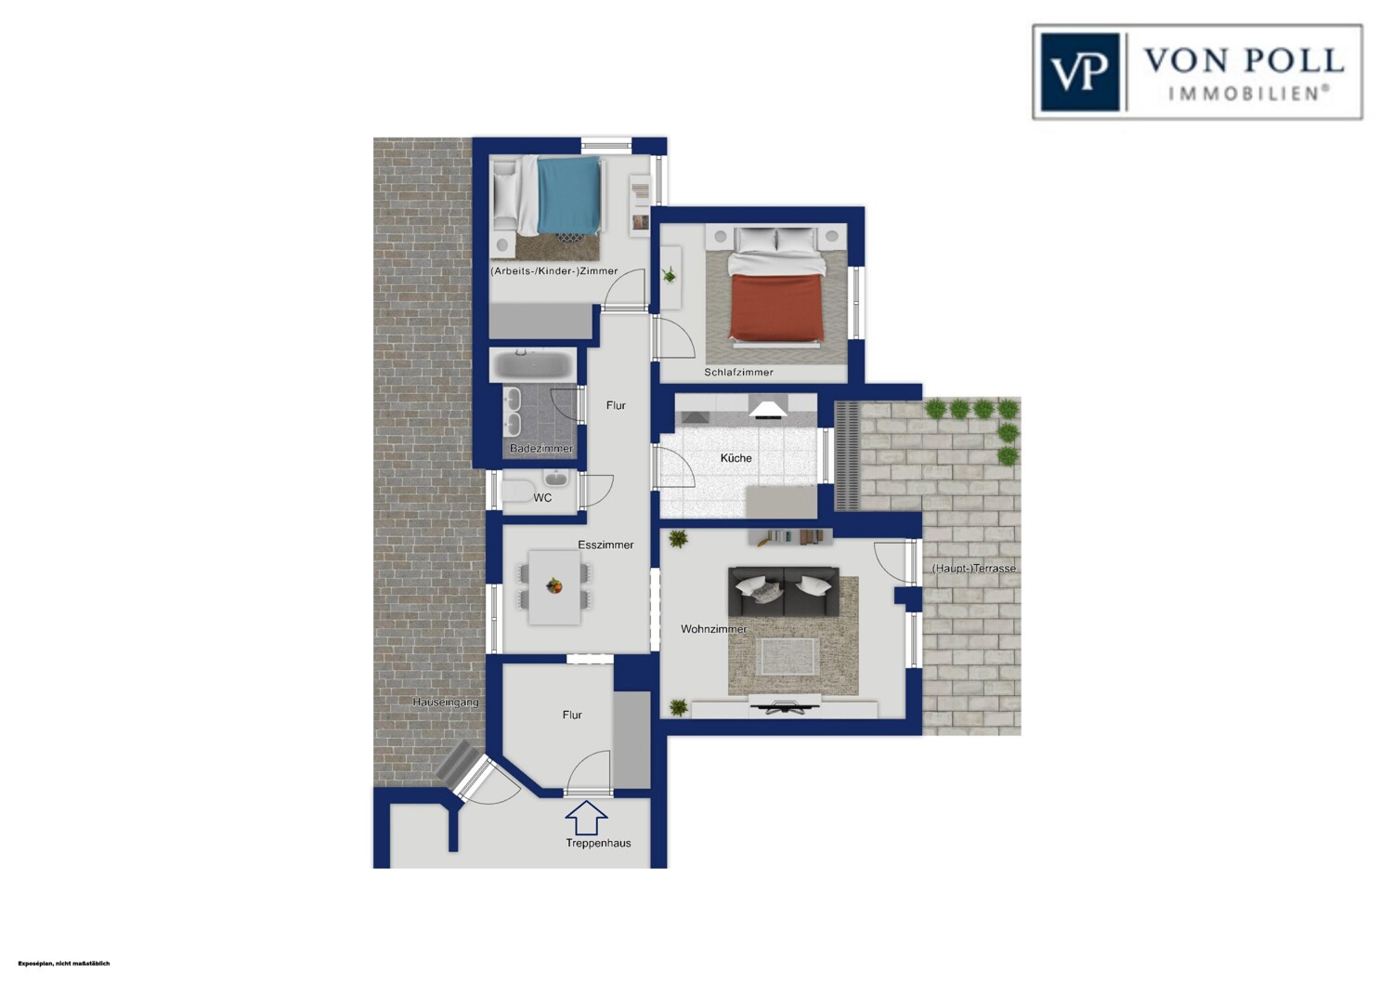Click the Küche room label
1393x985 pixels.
[736, 458]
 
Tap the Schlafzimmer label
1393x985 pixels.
[739, 372]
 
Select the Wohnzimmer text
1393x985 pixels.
[714, 629]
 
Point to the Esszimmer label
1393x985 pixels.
[605, 545]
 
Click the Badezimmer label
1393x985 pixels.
[541, 449]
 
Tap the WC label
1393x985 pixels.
[542, 498]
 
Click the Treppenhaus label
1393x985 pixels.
[598, 843]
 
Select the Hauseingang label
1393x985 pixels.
[446, 702]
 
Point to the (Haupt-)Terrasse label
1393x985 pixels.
[974, 568]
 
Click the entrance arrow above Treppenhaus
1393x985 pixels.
[586, 817]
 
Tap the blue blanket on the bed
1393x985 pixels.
[569, 194]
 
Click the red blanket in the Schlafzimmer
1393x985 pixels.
[777, 307]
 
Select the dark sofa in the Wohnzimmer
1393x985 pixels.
[784, 591]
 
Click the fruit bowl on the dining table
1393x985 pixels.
[553, 585]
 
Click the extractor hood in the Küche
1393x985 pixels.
[768, 407]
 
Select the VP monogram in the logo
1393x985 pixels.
[1080, 72]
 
